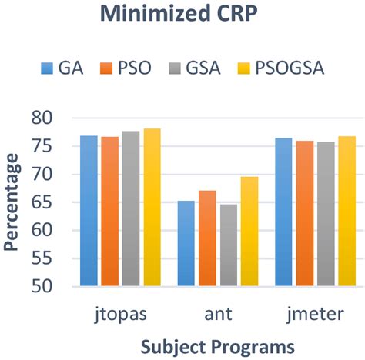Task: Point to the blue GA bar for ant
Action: click(x=186, y=243)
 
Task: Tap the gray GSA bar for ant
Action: click(x=228, y=245)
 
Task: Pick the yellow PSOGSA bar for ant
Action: click(x=249, y=231)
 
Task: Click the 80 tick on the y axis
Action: click(x=45, y=118)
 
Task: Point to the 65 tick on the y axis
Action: click(x=45, y=202)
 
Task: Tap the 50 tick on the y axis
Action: click(x=45, y=286)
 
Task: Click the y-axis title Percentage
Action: click(x=12, y=202)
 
